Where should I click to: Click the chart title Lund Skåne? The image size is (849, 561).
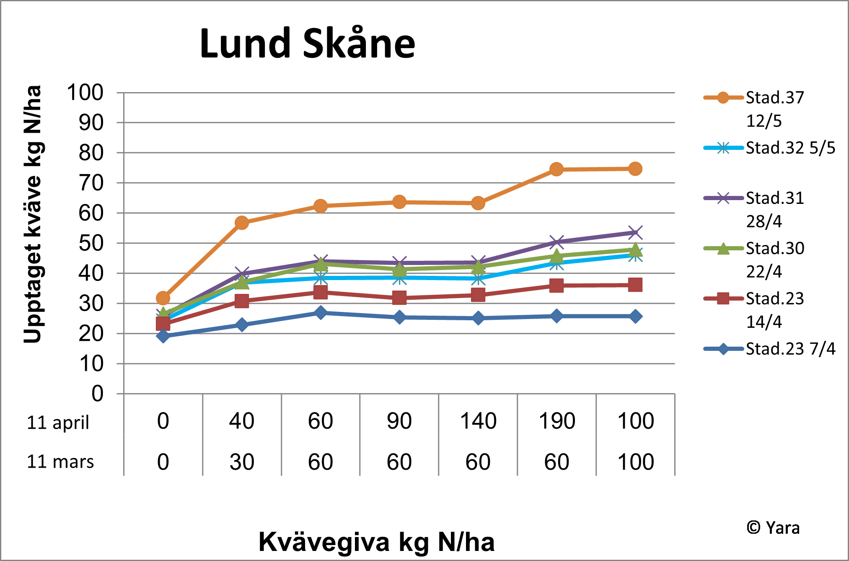click(307, 44)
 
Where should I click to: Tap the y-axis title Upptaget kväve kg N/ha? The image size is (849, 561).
click(33, 214)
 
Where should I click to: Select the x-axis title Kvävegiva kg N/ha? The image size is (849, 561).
click(376, 542)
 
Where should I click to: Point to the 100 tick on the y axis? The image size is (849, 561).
click(85, 93)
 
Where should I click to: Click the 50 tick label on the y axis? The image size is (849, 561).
click(91, 243)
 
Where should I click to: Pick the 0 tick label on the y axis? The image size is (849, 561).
click(97, 394)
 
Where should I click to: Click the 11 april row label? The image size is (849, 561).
click(58, 422)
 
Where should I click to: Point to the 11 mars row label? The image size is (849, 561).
click(60, 462)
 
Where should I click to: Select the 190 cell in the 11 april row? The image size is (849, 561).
click(557, 421)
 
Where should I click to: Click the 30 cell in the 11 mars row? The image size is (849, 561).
click(242, 462)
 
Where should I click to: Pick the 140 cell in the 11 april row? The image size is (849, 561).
click(478, 421)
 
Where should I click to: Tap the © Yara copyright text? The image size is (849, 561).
click(773, 528)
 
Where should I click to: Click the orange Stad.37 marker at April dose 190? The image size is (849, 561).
click(557, 169)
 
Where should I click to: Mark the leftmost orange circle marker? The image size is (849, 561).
click(163, 298)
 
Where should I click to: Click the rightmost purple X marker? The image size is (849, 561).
click(635, 233)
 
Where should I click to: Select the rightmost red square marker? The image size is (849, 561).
click(635, 285)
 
